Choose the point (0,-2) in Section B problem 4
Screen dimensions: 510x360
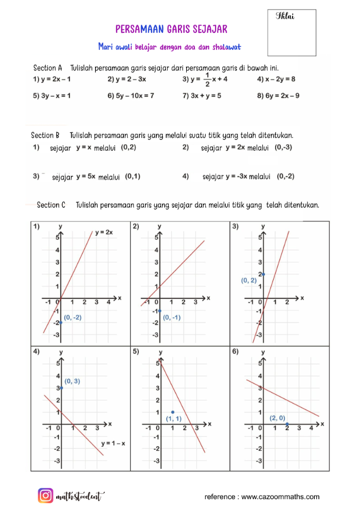click(x=285, y=177)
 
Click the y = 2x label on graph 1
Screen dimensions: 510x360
click(x=104, y=233)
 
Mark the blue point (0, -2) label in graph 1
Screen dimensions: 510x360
click(x=73, y=318)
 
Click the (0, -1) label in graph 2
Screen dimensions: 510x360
click(x=172, y=318)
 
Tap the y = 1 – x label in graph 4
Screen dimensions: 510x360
click(x=113, y=443)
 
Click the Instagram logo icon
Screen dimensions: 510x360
click(x=46, y=496)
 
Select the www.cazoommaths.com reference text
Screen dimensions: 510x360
click(x=280, y=497)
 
